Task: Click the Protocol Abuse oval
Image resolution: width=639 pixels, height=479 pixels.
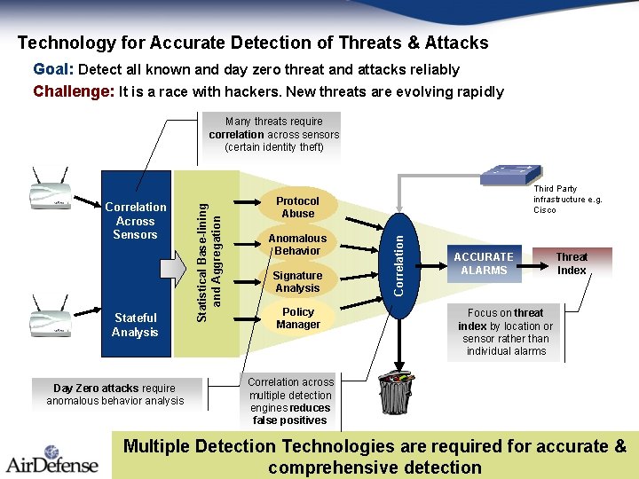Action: click(x=298, y=207)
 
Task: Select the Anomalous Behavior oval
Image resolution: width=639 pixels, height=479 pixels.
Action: click(x=298, y=244)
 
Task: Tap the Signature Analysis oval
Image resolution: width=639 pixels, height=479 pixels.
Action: click(x=298, y=281)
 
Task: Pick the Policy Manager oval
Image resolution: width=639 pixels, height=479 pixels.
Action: click(x=298, y=318)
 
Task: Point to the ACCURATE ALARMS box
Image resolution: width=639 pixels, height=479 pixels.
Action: click(x=484, y=263)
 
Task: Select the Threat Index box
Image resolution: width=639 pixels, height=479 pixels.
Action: click(x=572, y=263)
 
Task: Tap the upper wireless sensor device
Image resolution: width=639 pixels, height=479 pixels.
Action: click(x=51, y=191)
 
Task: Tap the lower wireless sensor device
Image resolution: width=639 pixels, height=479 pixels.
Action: click(x=51, y=317)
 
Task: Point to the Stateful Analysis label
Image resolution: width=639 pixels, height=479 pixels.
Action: click(x=135, y=325)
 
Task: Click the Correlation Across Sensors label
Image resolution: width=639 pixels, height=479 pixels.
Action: click(x=135, y=221)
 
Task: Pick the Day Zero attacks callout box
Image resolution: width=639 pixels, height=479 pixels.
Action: click(x=115, y=394)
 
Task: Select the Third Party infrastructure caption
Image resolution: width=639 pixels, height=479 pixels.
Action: click(x=567, y=200)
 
